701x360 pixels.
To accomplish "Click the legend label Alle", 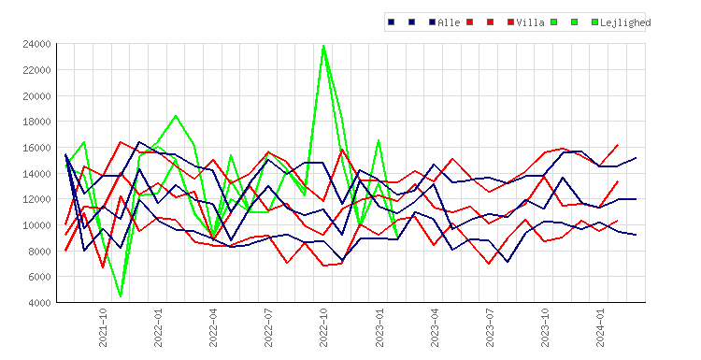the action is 449,22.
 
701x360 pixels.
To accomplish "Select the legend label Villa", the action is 530,22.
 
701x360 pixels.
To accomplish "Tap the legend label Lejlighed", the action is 625,22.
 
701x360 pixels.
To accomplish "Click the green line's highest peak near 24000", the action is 323,45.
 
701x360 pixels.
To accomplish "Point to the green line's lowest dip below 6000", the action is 121,296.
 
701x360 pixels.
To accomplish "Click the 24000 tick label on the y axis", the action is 36,44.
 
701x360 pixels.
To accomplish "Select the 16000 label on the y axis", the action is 36,148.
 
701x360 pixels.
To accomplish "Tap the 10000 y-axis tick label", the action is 36,225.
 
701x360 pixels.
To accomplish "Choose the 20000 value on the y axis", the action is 36,95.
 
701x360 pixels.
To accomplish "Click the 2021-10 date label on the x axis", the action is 103,327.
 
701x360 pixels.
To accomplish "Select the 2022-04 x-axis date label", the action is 213,327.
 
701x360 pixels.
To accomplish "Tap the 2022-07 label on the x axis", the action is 268,327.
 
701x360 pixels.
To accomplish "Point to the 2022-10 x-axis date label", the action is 323,327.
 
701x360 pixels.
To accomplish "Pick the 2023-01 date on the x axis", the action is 379,327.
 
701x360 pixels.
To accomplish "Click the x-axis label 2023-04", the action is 434,327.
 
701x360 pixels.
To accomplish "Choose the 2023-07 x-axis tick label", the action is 490,327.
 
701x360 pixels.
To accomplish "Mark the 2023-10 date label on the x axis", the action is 545,327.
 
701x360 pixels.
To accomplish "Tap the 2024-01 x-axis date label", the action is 600,327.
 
